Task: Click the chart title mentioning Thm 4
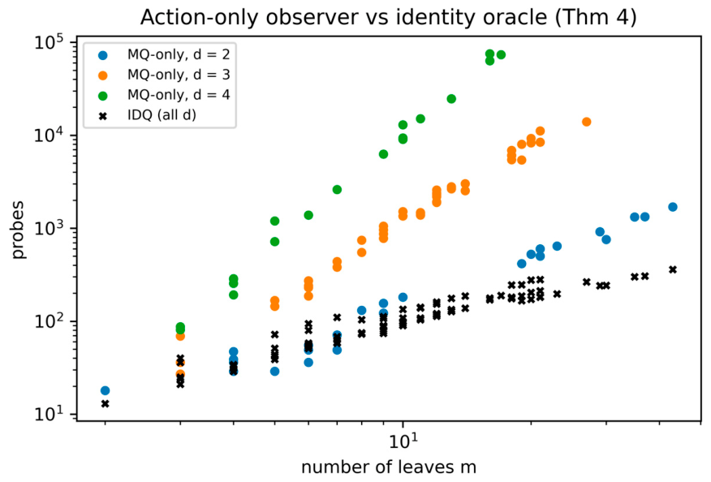(389, 18)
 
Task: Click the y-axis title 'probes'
(18, 230)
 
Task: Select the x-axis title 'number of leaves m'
(389, 467)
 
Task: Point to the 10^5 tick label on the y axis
(48, 43)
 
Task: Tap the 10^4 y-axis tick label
(48, 136)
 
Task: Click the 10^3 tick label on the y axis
(48, 229)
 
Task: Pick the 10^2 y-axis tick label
(48, 321)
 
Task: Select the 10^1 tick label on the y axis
(48, 415)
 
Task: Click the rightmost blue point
(673, 207)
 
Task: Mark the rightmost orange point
(586, 122)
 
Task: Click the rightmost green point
(501, 55)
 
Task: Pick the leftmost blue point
(106, 390)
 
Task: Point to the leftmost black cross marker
(106, 403)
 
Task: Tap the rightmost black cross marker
(673, 269)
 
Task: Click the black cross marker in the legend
(103, 116)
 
